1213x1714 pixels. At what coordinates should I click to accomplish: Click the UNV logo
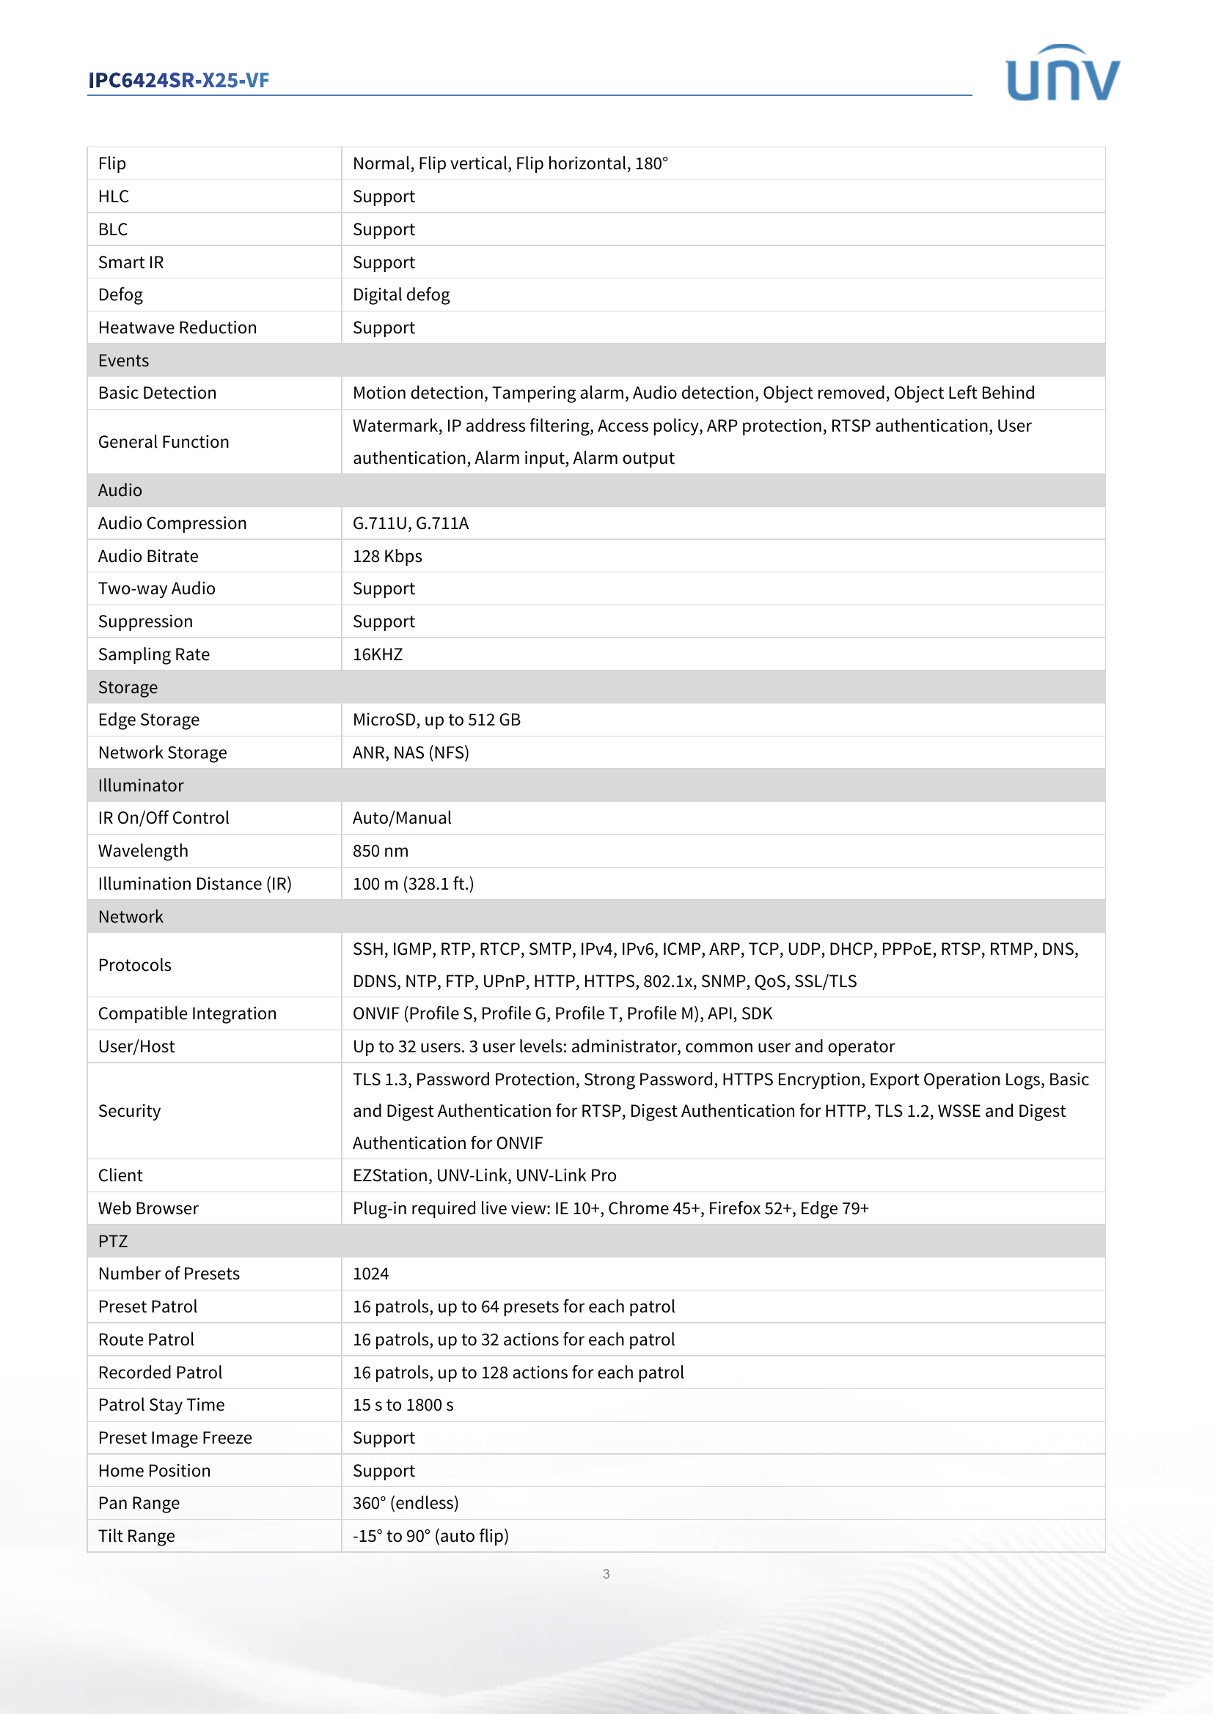click(1062, 73)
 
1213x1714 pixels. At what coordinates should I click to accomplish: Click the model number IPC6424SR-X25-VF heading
click(178, 81)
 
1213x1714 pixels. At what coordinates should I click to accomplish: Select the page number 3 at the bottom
click(606, 1573)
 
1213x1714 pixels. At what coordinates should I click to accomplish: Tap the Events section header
click(124, 361)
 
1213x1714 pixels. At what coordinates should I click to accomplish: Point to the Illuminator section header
click(140, 786)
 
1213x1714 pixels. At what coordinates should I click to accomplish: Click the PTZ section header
click(113, 1241)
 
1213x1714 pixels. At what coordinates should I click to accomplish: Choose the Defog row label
click(120, 295)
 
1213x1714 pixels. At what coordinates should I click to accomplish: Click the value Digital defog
click(401, 295)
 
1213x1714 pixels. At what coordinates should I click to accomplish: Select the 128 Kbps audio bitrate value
click(387, 556)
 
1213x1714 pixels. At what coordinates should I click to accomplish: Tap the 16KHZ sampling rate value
click(377, 654)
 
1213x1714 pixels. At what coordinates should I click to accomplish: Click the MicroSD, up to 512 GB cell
click(436, 720)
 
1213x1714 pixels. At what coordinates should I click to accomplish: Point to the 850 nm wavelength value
click(380, 851)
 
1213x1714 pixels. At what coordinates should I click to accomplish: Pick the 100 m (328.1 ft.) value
click(413, 884)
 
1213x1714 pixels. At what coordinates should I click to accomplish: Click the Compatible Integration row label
click(187, 1013)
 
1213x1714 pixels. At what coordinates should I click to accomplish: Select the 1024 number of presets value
click(370, 1274)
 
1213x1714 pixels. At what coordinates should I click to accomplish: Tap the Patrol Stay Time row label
click(161, 1405)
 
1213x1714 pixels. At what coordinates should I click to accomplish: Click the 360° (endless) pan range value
click(406, 1503)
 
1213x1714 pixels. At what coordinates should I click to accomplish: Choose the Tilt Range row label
click(136, 1536)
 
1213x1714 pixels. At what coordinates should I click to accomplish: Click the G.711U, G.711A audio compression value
click(410, 523)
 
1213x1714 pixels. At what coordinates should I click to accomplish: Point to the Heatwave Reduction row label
click(177, 328)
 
